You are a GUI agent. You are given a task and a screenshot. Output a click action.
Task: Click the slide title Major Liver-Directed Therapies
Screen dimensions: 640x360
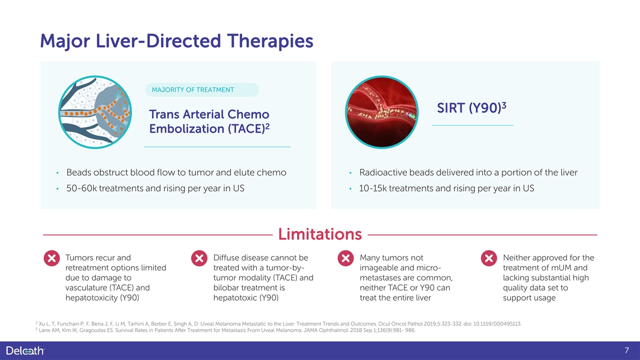pyautogui.click(x=177, y=41)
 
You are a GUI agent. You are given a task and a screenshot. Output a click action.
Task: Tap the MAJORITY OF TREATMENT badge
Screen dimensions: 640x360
pyautogui.click(x=202, y=90)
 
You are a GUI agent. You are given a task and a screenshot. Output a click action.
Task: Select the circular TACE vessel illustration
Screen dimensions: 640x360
pyautogui.click(x=95, y=112)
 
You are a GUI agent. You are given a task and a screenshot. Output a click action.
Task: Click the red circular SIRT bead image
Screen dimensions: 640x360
pyautogui.click(x=382, y=112)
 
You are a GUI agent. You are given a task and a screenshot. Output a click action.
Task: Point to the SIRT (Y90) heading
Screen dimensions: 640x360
pyautogui.click(x=471, y=108)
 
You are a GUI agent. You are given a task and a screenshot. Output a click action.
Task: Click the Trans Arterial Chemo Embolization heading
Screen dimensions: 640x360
pyautogui.click(x=209, y=122)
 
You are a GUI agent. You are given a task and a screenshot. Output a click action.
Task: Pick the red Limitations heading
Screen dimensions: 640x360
pyautogui.click(x=320, y=234)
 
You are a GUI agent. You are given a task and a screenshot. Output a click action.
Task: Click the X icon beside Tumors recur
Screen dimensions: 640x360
pyautogui.click(x=52, y=258)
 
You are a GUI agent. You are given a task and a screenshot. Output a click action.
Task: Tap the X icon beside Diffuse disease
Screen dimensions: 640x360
pyautogui.click(x=199, y=258)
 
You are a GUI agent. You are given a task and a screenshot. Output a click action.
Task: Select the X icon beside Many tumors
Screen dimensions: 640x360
pyautogui.click(x=346, y=258)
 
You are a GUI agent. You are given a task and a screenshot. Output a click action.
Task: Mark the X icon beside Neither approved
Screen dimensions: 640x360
pyautogui.click(x=489, y=258)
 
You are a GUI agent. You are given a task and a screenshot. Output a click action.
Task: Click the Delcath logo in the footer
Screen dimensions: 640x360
pyautogui.click(x=25, y=350)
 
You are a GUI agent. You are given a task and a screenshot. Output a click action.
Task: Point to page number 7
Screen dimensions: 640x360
pyautogui.click(x=627, y=350)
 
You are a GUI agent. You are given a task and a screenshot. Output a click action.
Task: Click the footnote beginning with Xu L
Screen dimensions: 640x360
pyautogui.click(x=278, y=324)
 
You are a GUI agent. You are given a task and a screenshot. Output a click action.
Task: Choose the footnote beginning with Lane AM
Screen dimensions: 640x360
pyautogui.click(x=226, y=330)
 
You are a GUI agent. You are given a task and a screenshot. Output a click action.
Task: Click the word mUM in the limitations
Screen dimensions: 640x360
pyautogui.click(x=561, y=268)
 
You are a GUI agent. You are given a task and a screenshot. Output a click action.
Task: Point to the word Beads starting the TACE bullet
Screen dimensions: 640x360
pyautogui.click(x=78, y=173)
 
